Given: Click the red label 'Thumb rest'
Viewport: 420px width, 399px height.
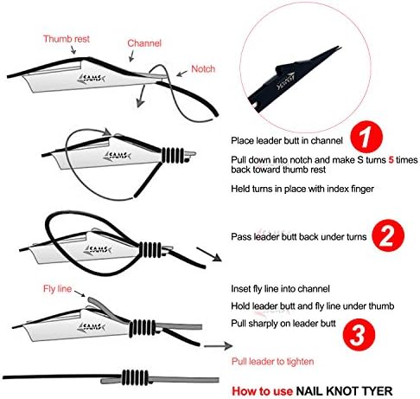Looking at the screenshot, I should click(64, 39).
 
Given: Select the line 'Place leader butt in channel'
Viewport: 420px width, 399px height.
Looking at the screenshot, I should click(287, 139).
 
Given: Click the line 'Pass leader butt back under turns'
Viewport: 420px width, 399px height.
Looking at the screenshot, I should click(299, 236).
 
